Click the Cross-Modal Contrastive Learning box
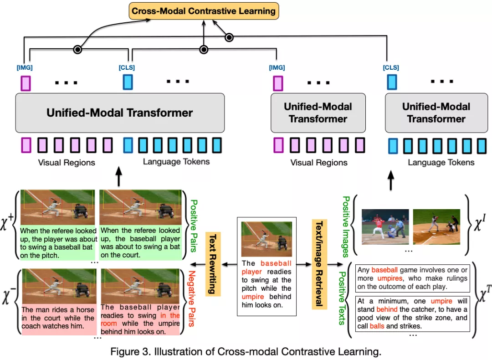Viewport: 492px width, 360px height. [203, 10]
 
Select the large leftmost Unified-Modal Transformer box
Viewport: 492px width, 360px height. [120, 113]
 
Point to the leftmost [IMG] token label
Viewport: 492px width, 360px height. [25, 68]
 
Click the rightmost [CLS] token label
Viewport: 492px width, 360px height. [391, 68]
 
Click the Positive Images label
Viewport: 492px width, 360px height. [346, 226]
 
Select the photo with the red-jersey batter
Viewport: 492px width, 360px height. [385, 227]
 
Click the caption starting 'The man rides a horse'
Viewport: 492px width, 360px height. [58, 318]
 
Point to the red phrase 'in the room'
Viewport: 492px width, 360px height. [169, 319]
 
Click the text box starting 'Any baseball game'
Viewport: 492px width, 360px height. [413, 278]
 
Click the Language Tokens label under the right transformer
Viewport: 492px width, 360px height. [441, 162]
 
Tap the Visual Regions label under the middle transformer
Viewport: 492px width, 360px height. [318, 162]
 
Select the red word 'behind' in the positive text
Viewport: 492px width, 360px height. [386, 309]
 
